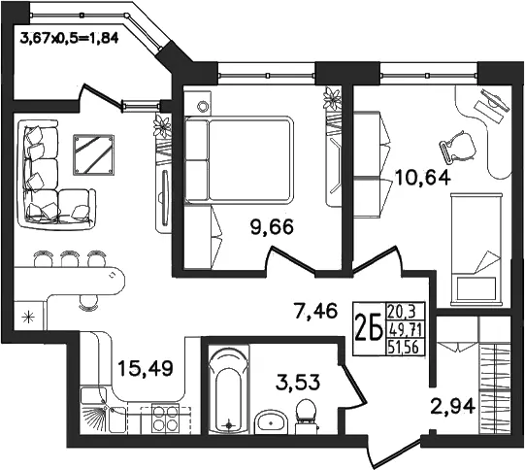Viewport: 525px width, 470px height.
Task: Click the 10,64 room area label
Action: click(423, 178)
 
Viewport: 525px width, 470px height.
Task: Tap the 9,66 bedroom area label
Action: click(272, 227)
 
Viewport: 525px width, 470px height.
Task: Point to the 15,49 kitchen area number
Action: click(146, 368)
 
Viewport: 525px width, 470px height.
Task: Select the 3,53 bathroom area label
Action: click(298, 383)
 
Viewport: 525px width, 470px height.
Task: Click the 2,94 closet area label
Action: click(452, 407)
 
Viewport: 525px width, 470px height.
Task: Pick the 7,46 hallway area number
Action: click(314, 310)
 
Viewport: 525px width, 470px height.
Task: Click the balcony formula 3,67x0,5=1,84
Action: click(69, 39)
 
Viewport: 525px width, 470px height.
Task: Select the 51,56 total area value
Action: click(404, 348)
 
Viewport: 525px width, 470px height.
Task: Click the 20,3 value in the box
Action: click(402, 313)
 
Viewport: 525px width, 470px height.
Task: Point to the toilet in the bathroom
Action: click(306, 416)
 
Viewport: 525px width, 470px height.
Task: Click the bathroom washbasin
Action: click(271, 421)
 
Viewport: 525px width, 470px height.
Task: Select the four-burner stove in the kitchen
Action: click(165, 419)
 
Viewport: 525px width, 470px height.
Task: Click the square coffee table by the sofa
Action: click(94, 154)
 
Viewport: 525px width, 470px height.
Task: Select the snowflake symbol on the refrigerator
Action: click(28, 317)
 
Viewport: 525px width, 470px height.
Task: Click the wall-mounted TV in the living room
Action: click(164, 198)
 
